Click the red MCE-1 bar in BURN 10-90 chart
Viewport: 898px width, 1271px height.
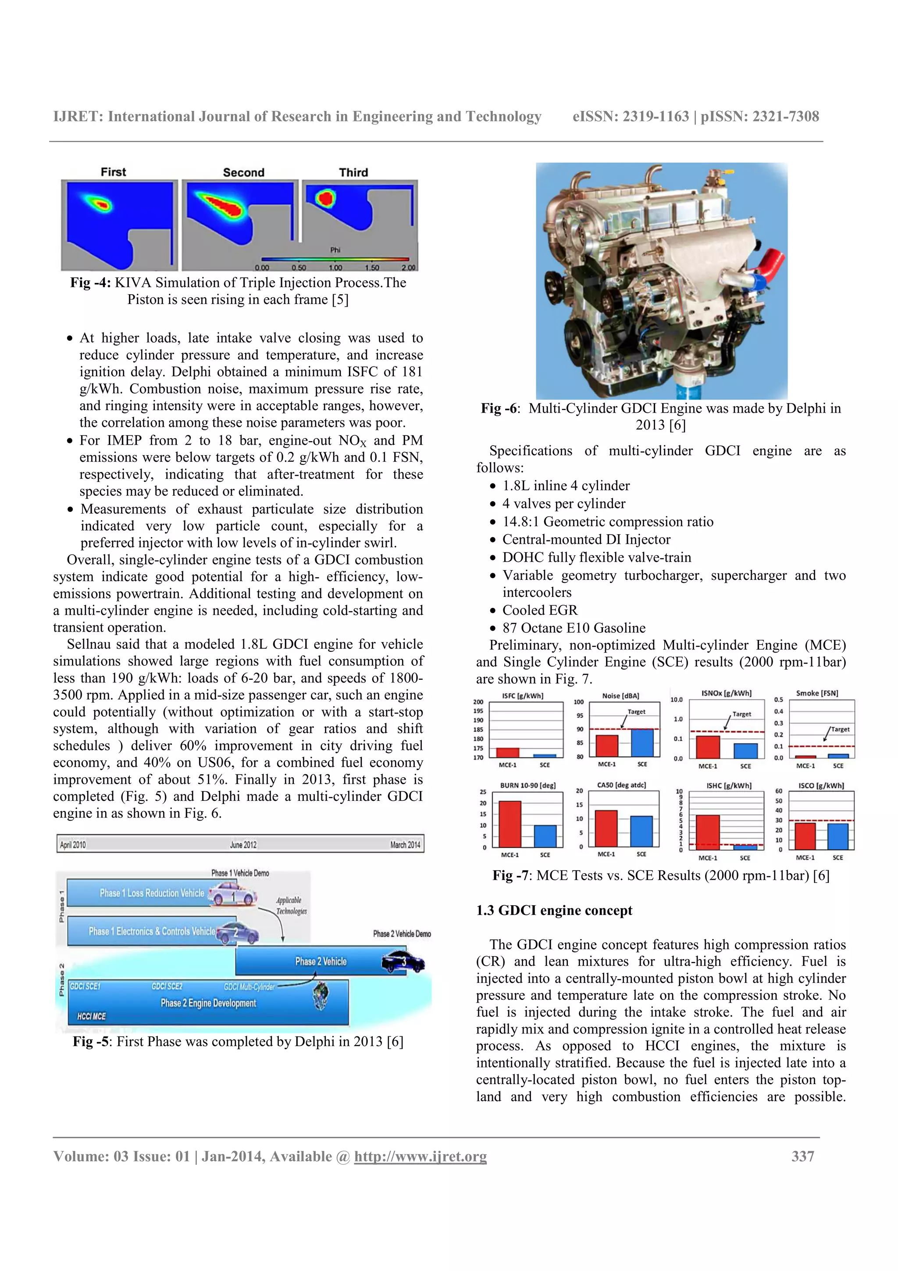[510, 824]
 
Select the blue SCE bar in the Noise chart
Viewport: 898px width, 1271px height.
[642, 743]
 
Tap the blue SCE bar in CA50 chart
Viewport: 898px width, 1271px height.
[641, 832]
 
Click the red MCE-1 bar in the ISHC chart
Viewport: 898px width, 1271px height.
[708, 832]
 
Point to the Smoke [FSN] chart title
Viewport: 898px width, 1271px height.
[817, 693]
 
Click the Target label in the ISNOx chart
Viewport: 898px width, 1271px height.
[741, 714]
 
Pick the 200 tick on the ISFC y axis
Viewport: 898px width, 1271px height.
[478, 701]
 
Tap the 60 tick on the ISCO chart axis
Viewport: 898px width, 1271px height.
[778, 791]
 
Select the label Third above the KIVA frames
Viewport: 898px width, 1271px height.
[353, 172]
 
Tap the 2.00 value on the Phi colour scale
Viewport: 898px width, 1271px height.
[408, 268]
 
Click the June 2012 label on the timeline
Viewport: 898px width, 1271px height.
[243, 845]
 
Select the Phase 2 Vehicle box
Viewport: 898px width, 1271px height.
[321, 961]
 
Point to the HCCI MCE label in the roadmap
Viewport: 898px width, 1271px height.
[91, 1016]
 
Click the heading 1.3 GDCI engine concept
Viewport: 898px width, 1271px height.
[554, 910]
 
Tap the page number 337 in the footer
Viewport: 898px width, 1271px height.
[802, 1157]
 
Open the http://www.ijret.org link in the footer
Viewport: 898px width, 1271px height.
[420, 1157]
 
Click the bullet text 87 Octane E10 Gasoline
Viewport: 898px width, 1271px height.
[574, 628]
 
